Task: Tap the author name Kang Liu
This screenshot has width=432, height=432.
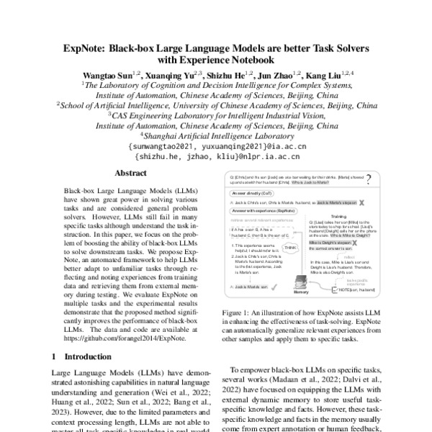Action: click(323, 74)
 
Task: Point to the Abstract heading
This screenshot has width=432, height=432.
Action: click(131, 174)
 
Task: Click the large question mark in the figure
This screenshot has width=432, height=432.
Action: click(369, 179)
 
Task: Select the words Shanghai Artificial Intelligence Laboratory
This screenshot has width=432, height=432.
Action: click(217, 135)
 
